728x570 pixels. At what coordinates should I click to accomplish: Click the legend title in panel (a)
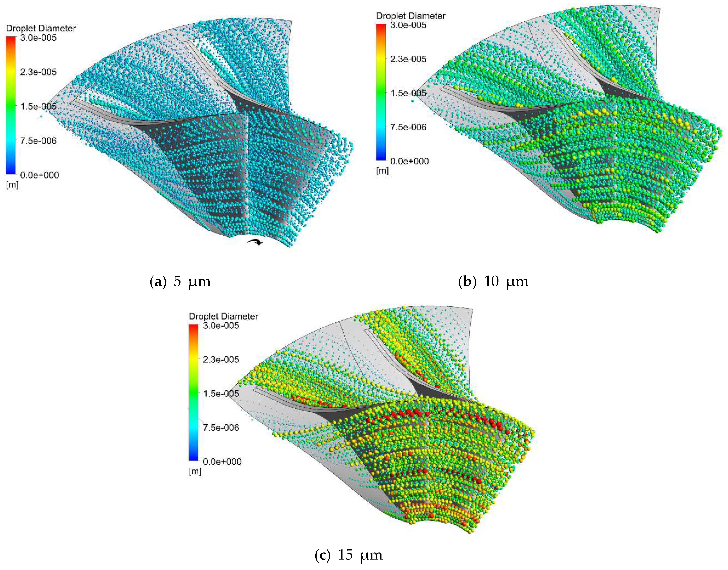(41, 28)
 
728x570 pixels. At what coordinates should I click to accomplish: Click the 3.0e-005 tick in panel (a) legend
(38, 38)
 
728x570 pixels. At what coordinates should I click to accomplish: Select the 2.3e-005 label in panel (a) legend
(38, 72)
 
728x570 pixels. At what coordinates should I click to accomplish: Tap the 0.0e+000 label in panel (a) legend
(39, 175)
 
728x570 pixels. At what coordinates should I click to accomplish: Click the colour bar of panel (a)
(11, 105)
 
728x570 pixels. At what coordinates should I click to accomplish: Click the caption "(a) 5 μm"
(180, 282)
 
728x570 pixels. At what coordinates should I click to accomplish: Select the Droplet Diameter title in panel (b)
(411, 16)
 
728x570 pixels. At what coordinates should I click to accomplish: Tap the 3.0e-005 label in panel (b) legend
(408, 25)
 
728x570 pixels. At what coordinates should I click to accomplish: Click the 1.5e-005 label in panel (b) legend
(408, 93)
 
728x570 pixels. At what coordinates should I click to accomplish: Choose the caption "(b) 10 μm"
(493, 282)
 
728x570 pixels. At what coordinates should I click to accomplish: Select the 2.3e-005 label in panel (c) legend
(221, 360)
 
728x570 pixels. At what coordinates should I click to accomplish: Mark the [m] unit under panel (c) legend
(195, 472)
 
